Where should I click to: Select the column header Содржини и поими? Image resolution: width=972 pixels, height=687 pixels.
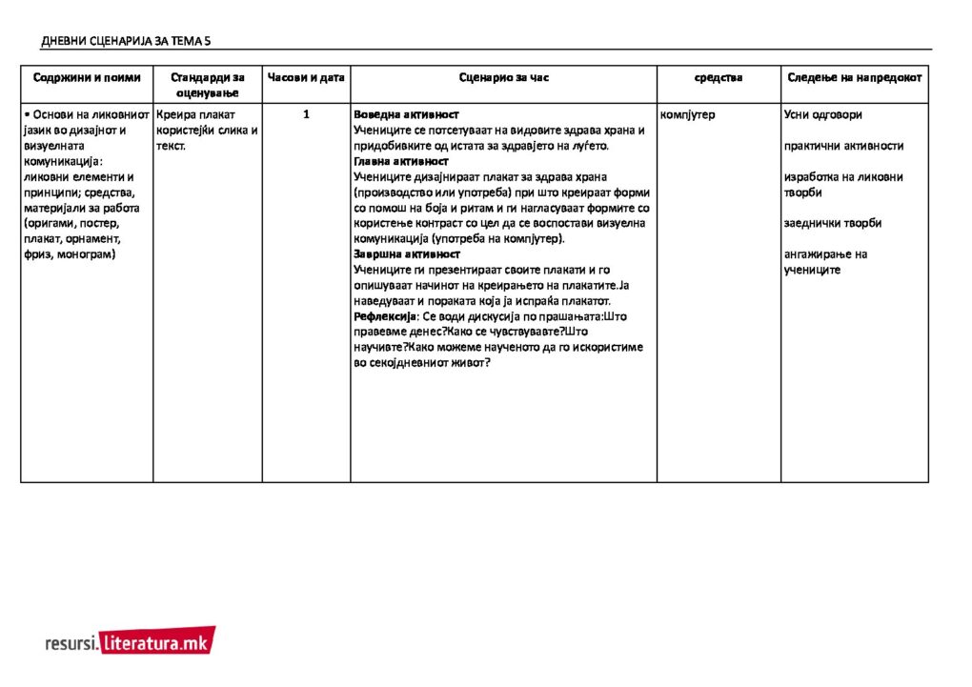[x=87, y=77]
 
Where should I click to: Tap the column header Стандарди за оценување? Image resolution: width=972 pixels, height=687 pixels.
[x=208, y=85]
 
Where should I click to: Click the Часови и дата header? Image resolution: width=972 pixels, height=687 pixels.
[x=306, y=77]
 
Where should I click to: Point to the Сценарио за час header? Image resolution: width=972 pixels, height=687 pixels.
[x=503, y=77]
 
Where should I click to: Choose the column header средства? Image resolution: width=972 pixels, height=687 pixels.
[x=719, y=77]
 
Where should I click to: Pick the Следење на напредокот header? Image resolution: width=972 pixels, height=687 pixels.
[x=855, y=77]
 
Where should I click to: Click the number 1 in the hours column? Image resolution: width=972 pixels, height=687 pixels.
[x=306, y=114]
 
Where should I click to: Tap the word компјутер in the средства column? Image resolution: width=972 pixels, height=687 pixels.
[x=687, y=114]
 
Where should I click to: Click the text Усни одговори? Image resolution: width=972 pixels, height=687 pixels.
[x=822, y=114]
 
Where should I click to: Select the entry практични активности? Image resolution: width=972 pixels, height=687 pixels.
[x=843, y=146]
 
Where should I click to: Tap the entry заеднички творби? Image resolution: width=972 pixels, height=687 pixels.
[x=832, y=223]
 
